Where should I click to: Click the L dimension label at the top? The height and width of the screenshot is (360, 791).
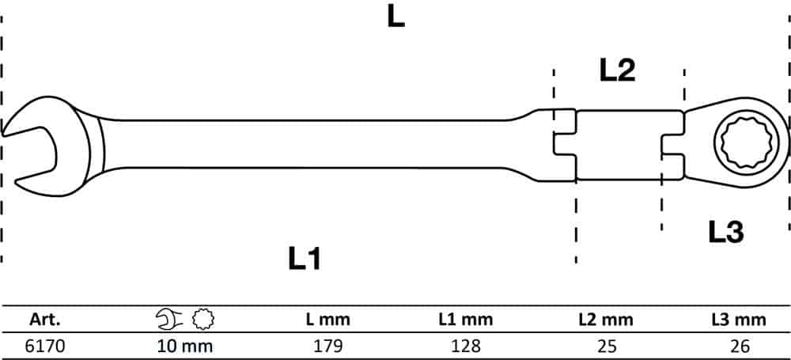396,17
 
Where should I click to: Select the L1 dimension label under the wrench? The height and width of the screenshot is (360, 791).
305,259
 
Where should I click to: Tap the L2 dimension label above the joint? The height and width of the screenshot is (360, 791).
617,70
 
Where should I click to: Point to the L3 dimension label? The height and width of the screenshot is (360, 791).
726,233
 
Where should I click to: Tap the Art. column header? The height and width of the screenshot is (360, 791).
45,319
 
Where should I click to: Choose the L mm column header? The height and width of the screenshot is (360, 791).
328,319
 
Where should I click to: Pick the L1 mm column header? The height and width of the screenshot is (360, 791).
465,319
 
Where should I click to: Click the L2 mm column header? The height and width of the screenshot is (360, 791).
605,319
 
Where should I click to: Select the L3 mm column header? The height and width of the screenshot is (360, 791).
739,319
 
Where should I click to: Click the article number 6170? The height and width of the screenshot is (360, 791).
45,346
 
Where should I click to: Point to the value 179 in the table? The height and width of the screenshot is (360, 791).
328,346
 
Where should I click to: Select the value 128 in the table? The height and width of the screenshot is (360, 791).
465,346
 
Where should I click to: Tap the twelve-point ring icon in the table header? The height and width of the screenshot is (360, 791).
203,319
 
